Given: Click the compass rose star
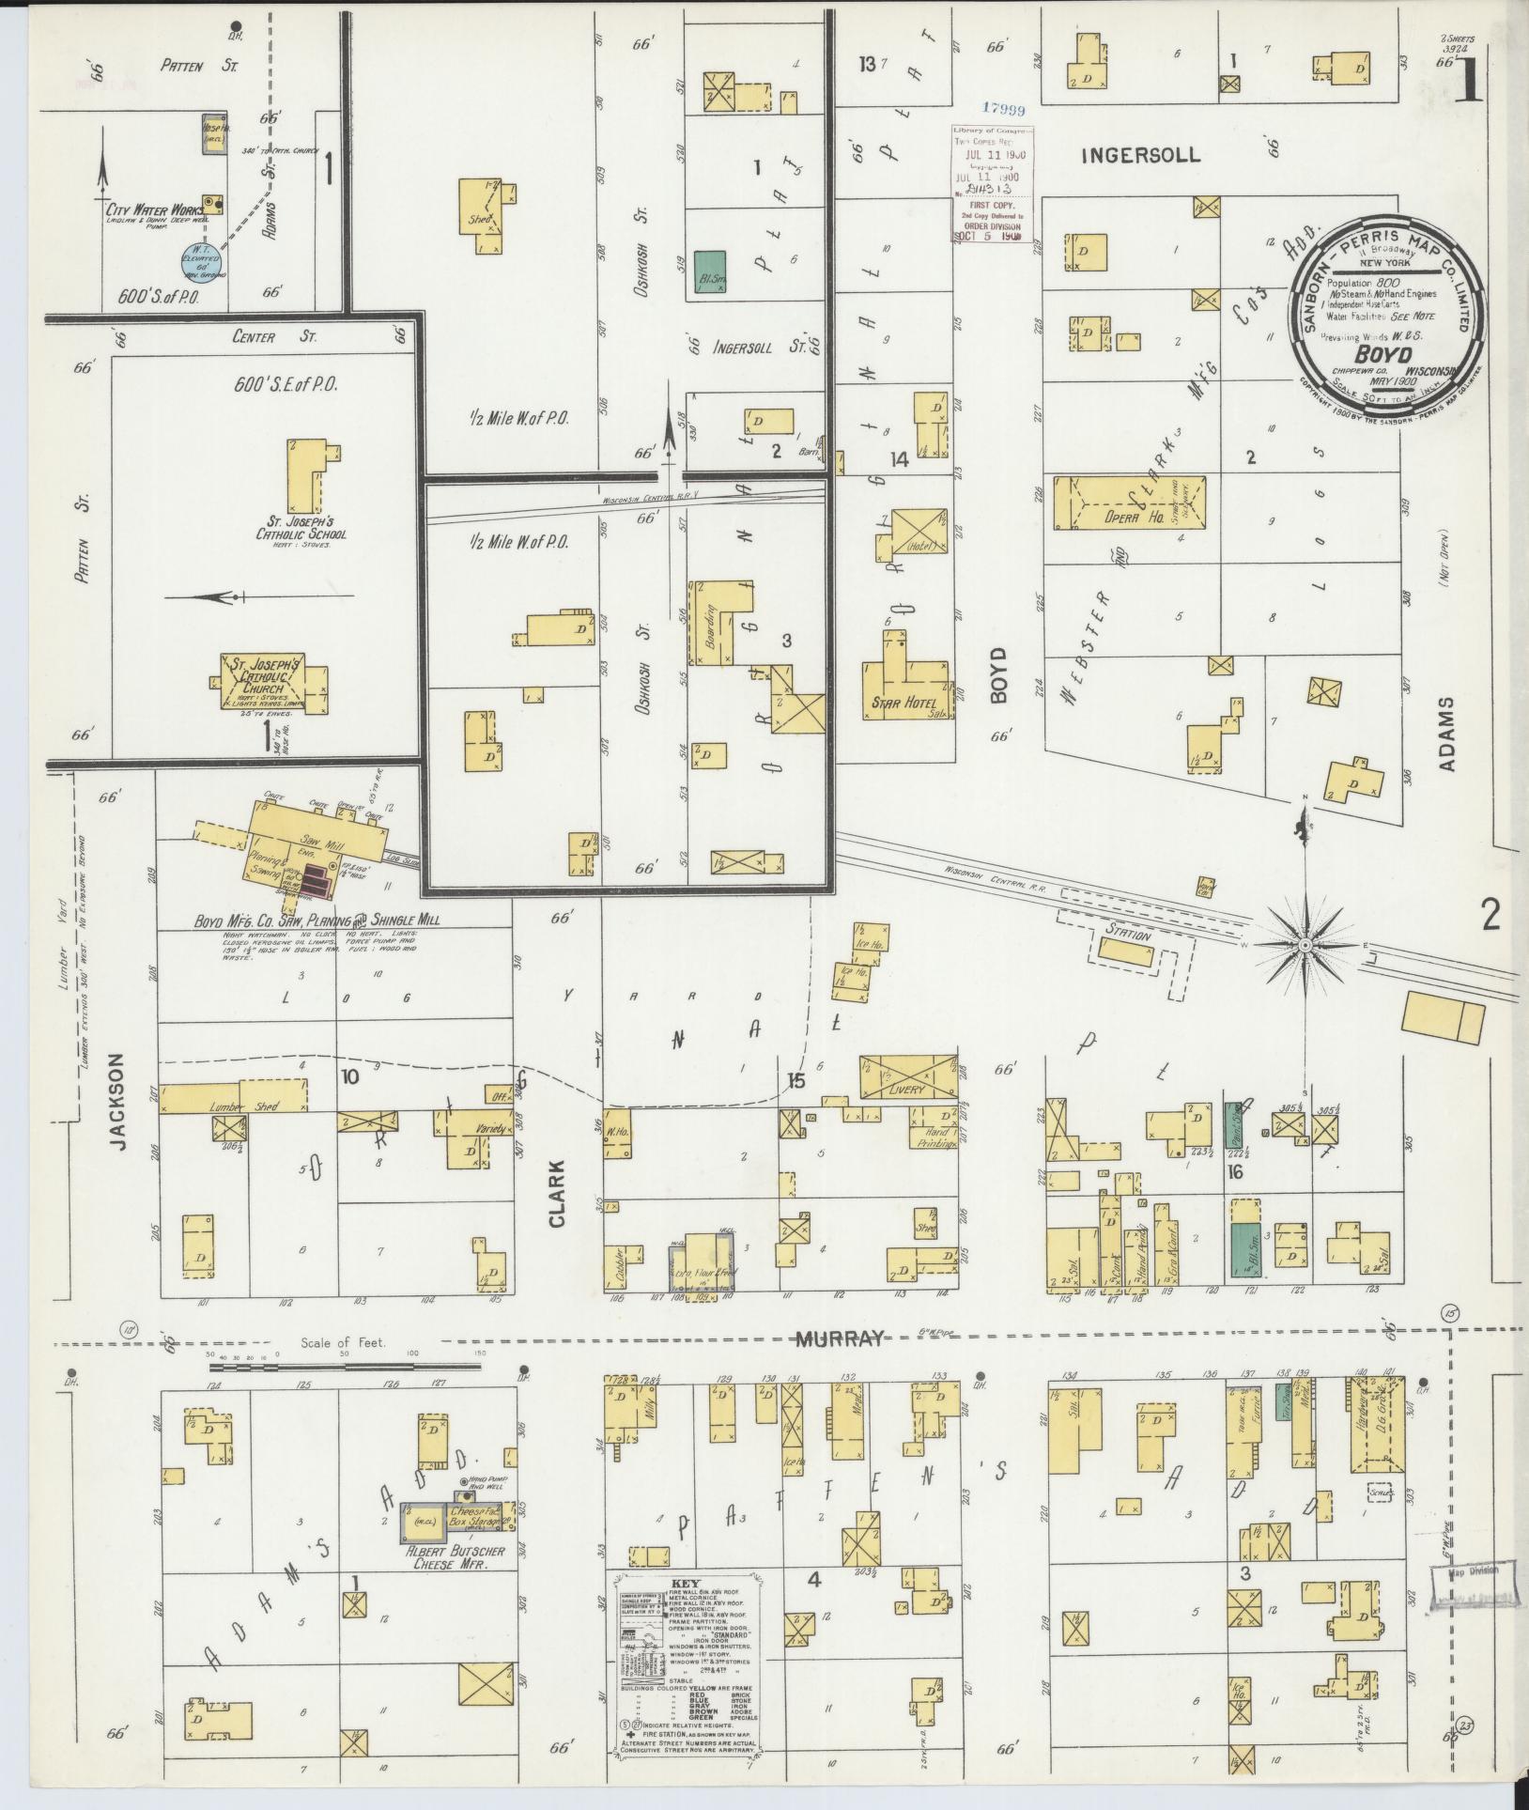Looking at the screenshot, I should pyautogui.click(x=1305, y=942).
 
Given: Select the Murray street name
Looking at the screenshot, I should pyautogui.click(x=840, y=1339).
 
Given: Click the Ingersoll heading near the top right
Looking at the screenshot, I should pyautogui.click(x=1140, y=155).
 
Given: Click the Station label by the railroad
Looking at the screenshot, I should pyautogui.click(x=1128, y=936).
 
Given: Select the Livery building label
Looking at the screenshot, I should pyautogui.click(x=906, y=1090).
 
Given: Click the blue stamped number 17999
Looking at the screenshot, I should pyautogui.click(x=1005, y=110).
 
